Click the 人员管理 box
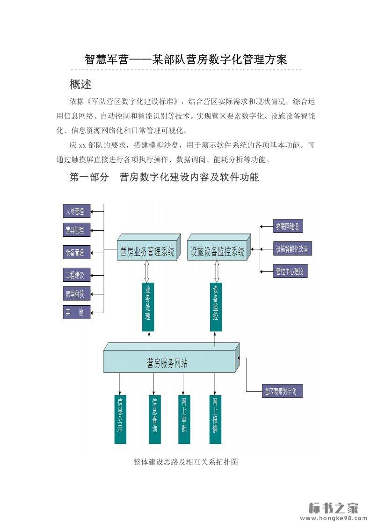coord(76,211)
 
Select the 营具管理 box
coord(76,230)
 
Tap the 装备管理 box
coord(76,253)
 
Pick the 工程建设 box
coord(76,275)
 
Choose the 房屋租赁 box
coord(76,294)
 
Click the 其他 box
coord(76,312)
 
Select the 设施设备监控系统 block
coord(217,252)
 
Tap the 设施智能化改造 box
coord(292,249)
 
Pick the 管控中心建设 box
coord(290,271)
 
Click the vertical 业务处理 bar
coord(148,307)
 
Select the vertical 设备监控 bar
coord(216,307)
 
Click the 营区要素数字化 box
coord(282,391)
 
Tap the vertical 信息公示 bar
coord(120,420)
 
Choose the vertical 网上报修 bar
coord(215,420)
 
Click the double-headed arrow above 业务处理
coord(147,271)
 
